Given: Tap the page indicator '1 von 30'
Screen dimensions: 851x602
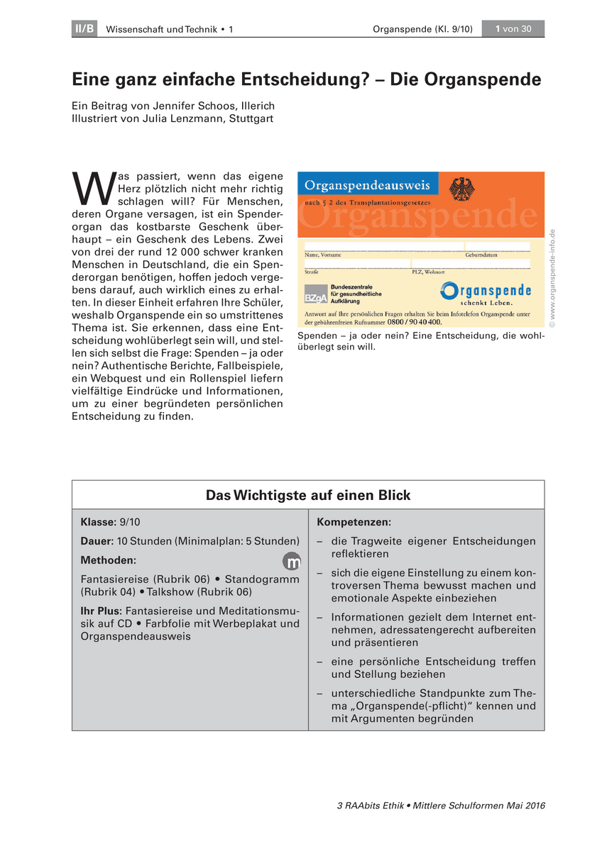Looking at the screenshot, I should (x=513, y=28).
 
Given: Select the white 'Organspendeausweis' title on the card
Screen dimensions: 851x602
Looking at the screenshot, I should (x=367, y=186).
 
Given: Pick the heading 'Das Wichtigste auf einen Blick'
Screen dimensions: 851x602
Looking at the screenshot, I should (x=308, y=495).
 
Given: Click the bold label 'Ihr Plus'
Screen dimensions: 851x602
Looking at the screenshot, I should (x=101, y=611).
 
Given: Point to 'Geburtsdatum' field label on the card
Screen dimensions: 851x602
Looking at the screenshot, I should (x=481, y=254).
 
